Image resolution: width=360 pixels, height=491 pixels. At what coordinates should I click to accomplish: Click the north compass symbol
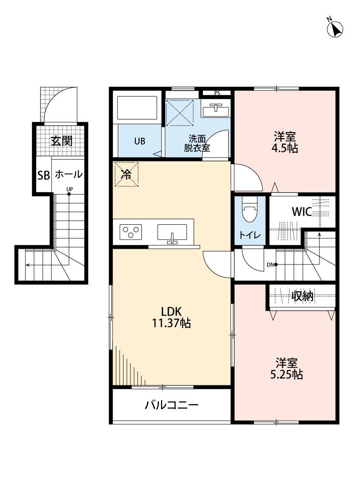335,29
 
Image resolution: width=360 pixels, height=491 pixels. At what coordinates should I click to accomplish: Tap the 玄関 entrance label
61,141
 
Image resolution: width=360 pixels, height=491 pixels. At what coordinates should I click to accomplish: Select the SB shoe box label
43,175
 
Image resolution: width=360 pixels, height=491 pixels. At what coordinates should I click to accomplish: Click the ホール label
69,175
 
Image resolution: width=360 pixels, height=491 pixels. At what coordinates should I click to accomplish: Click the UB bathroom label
140,141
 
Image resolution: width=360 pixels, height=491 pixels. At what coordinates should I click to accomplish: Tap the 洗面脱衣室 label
197,143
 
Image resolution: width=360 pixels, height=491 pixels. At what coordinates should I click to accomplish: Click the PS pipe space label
217,93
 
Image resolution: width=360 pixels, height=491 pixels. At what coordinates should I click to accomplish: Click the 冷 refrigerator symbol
126,175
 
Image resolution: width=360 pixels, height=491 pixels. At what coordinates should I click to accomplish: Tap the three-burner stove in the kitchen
131,231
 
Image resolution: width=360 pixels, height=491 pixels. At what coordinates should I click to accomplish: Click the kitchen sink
172,232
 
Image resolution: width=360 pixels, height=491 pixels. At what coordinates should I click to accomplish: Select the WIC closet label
302,212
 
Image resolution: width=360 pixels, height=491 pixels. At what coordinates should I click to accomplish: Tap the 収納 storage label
303,296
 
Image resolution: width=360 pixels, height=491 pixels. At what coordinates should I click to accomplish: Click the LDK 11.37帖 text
171,317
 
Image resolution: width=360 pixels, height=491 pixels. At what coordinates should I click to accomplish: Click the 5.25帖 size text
286,375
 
